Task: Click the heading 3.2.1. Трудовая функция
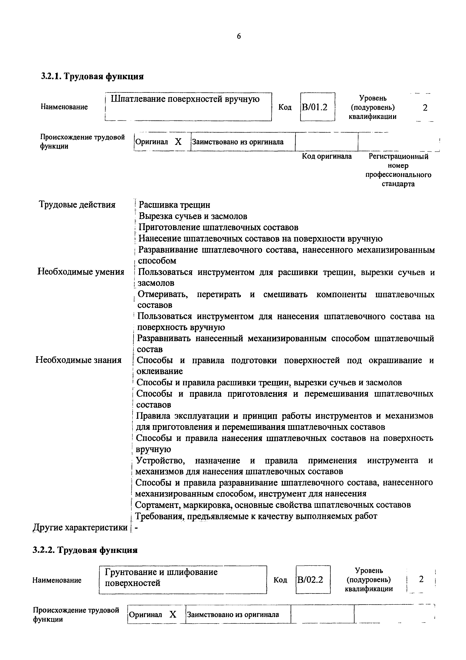pos(92,76)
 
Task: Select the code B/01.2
pos(315,107)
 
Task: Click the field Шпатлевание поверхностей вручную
pos(185,99)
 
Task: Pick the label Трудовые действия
pos(77,205)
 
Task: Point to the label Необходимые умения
pos(81,272)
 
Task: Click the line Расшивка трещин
pos(174,205)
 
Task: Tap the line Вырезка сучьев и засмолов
pos(193,216)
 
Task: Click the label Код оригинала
pos(327,156)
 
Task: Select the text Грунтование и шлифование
pos(161,572)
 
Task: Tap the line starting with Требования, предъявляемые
pos(256,516)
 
